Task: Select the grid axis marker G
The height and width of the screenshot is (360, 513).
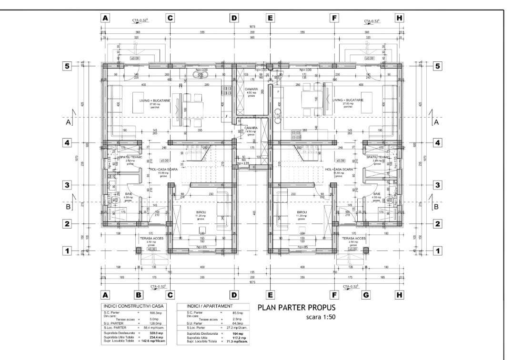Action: click(x=366, y=295)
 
